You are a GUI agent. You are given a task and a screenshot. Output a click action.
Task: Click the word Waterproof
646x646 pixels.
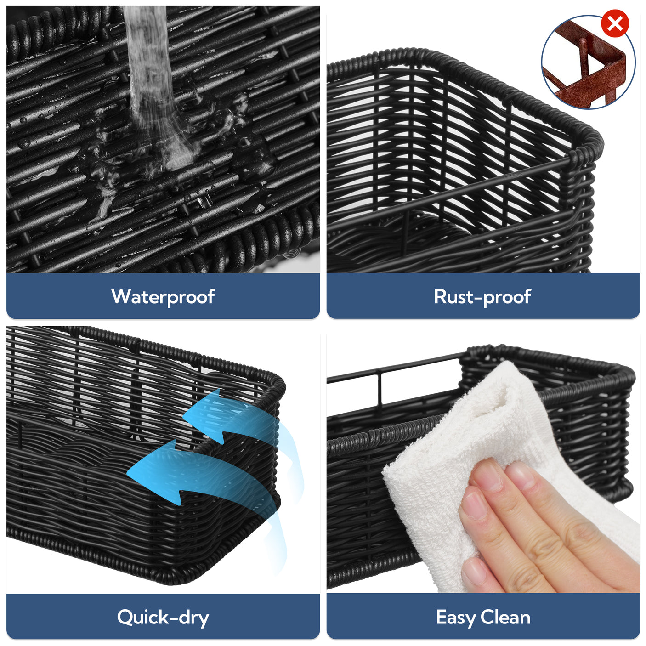tap(163, 297)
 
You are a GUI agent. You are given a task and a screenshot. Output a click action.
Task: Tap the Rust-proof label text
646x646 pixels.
tap(482, 297)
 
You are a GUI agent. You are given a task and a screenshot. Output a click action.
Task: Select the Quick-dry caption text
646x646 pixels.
tap(163, 617)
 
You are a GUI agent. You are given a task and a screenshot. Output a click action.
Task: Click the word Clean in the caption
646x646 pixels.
tap(505, 617)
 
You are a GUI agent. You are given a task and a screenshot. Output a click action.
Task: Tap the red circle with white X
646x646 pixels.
tap(615, 23)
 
